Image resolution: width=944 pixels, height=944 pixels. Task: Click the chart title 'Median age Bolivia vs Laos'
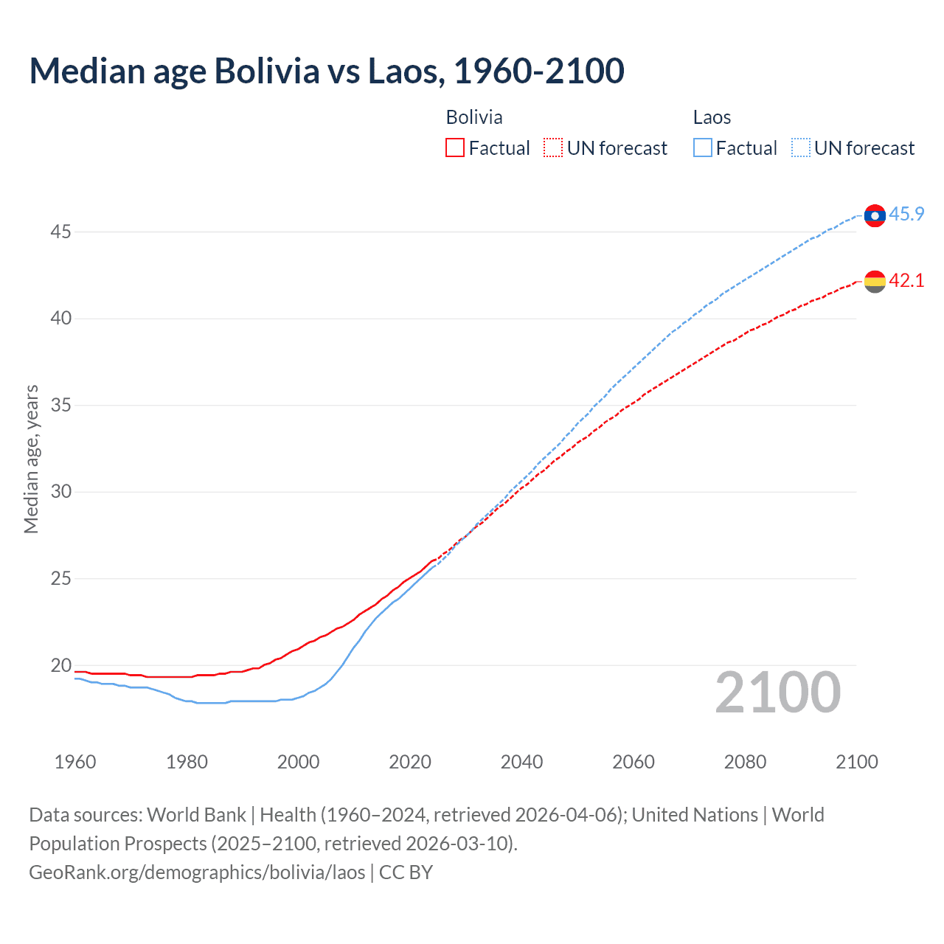click(327, 71)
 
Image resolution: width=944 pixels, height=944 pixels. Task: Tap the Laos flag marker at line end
click(875, 215)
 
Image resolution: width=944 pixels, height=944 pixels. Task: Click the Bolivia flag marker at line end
click(875, 281)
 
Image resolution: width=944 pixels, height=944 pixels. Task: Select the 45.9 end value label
click(906, 214)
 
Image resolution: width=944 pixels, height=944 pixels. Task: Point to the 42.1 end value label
click(906, 280)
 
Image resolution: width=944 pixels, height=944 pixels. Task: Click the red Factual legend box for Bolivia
click(455, 147)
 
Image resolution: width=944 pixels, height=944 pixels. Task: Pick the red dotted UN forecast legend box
click(553, 147)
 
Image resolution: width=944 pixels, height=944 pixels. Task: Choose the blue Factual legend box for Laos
click(702, 147)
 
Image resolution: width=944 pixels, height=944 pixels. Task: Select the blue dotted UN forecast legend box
click(800, 147)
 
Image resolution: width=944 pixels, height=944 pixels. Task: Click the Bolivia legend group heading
click(474, 117)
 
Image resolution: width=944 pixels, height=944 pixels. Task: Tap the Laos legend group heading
click(712, 117)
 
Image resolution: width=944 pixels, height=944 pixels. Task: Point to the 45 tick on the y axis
click(60, 232)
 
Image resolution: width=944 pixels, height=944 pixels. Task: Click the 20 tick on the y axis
click(60, 665)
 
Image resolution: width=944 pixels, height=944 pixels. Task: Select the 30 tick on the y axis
click(60, 492)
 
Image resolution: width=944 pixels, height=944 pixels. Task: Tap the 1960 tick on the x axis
click(75, 762)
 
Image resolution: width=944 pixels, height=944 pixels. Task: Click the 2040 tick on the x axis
click(521, 762)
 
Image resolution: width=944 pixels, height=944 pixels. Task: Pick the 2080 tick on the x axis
click(745, 762)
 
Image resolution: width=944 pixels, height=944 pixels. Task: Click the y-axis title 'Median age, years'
click(31, 459)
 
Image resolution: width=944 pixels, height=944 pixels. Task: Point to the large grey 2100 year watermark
click(777, 692)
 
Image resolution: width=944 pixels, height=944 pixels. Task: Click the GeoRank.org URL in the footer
click(197, 872)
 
